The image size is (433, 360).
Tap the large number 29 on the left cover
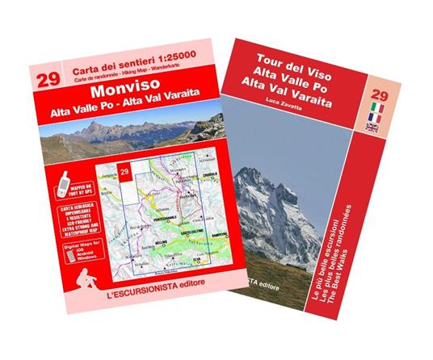coord(45,79)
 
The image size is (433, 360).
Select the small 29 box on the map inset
coord(124,172)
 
